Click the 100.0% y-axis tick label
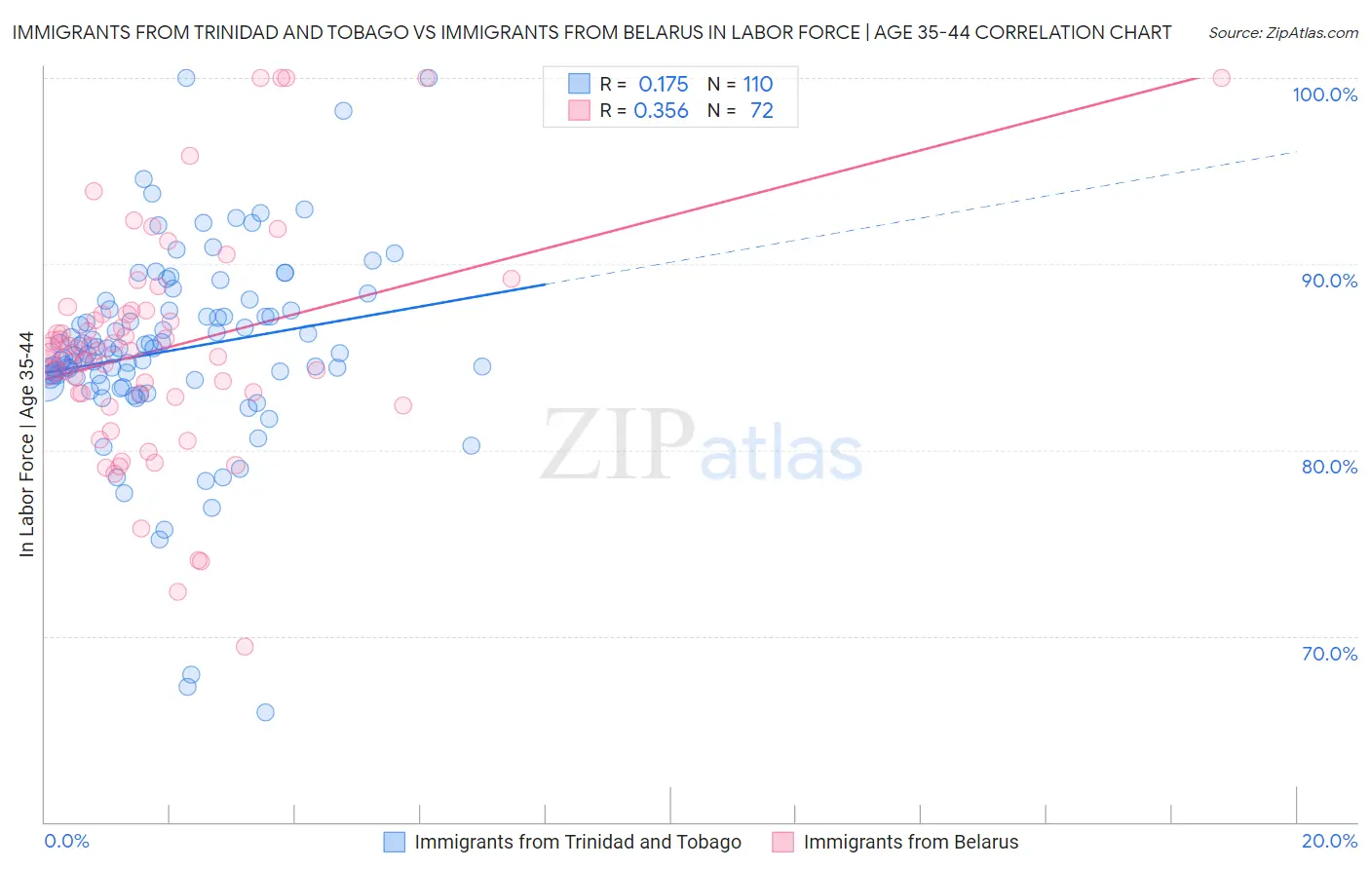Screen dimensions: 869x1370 tap(1324, 94)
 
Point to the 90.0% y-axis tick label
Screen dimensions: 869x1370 tap(1329, 281)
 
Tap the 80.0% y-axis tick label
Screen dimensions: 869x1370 tap(1329, 467)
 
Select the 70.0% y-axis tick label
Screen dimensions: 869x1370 tap(1329, 654)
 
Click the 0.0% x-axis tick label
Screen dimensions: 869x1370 tap(66, 841)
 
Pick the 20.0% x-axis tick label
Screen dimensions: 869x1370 tap(1329, 841)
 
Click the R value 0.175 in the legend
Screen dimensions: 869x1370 tap(663, 85)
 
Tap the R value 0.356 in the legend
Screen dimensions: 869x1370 tap(661, 111)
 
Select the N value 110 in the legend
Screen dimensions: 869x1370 tap(757, 85)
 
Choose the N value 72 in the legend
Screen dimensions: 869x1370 tap(761, 111)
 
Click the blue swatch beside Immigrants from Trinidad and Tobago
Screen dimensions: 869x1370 tap(394, 842)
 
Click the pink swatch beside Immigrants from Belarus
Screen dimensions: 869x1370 tap(782, 842)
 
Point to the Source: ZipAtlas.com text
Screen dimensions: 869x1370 tap(1282, 32)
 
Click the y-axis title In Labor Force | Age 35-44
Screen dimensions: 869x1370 tap(26, 444)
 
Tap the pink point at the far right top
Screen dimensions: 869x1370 tap(1221, 78)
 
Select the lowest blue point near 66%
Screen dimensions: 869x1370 tap(265, 712)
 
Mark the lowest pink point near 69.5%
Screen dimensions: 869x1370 tap(245, 647)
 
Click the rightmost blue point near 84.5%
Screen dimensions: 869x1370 tap(481, 366)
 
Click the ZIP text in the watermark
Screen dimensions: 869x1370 tap(617, 445)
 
